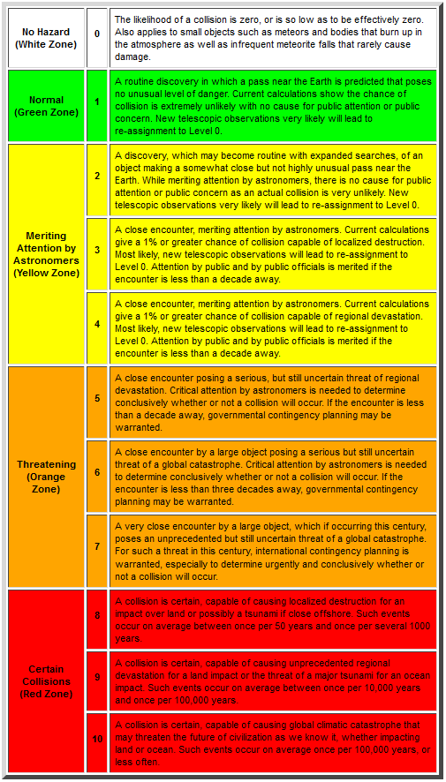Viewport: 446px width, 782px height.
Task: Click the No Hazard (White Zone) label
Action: click(46, 37)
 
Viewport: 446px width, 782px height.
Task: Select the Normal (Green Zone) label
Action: click(46, 106)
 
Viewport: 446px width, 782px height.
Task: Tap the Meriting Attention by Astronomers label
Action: click(46, 254)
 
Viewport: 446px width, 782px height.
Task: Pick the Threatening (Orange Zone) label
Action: click(46, 477)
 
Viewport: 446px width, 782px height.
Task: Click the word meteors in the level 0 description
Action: click(261, 32)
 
